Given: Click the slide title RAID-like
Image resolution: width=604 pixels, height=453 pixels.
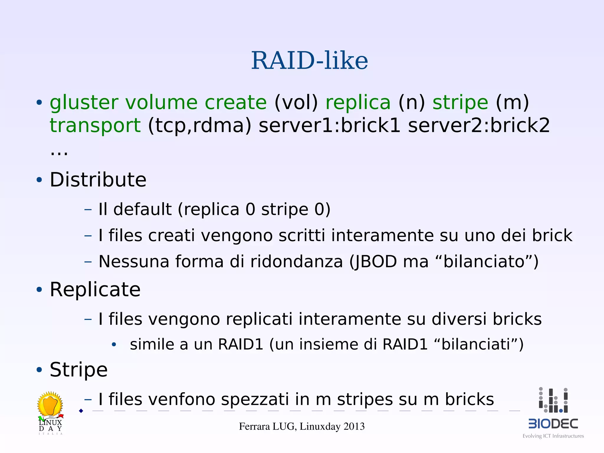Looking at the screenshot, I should pos(309,61).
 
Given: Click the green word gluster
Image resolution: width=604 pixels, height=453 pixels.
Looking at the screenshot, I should pos(84,103).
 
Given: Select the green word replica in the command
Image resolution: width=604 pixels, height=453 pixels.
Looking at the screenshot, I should pos(358,103).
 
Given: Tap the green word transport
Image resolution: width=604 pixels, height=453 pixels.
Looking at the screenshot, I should pos(95,126).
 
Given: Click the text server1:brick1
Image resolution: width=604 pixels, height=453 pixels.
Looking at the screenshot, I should pos(329,125).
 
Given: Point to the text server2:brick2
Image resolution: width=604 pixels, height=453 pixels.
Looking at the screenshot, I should pos(479,125).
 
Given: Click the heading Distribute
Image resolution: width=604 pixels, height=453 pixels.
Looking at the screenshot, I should pos(98,180).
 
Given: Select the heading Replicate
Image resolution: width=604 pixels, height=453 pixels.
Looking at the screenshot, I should pos(95,289).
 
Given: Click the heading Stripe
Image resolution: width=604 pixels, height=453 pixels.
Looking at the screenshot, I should pos(78,370).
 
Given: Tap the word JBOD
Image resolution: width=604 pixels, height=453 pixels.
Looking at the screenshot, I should pos(373,261).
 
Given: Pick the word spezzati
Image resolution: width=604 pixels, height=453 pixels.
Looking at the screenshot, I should pos(255,400).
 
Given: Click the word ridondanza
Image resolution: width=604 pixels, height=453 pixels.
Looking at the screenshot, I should pos(296,261).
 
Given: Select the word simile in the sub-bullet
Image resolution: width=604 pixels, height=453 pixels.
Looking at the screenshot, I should pos(152,344).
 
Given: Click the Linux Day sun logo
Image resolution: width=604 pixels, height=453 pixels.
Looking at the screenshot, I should pos(50,404).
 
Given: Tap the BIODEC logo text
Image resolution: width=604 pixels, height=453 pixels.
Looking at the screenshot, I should pos(553,424).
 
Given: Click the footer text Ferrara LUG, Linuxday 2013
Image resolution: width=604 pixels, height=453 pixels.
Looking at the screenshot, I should pos(302,426).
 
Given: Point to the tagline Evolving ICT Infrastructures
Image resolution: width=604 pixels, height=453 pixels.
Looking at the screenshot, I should pos(553,436).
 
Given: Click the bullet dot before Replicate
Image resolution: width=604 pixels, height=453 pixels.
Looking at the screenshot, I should pos(39,290).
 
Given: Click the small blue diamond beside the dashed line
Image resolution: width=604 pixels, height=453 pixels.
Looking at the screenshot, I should pos(81,411).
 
